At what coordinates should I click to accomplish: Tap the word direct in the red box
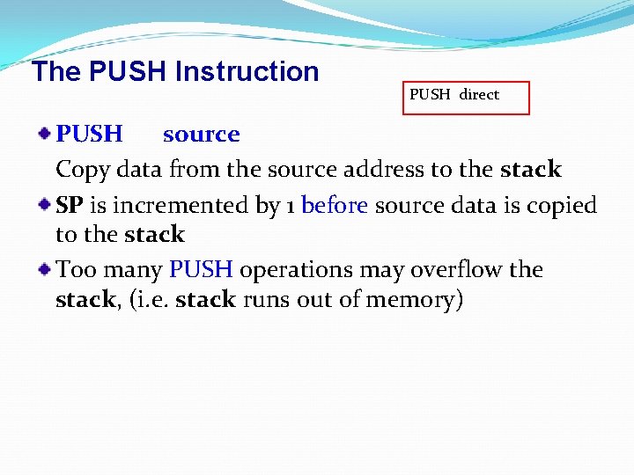pyautogui.click(x=479, y=94)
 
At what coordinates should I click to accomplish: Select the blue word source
pyautogui.click(x=201, y=135)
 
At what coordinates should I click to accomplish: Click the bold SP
pyautogui.click(x=70, y=206)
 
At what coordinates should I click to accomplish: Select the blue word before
pyautogui.click(x=335, y=206)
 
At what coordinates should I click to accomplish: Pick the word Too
pyautogui.click(x=73, y=269)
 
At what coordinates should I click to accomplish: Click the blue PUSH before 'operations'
pyautogui.click(x=201, y=269)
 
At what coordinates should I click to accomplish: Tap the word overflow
pyautogui.click(x=453, y=269)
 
